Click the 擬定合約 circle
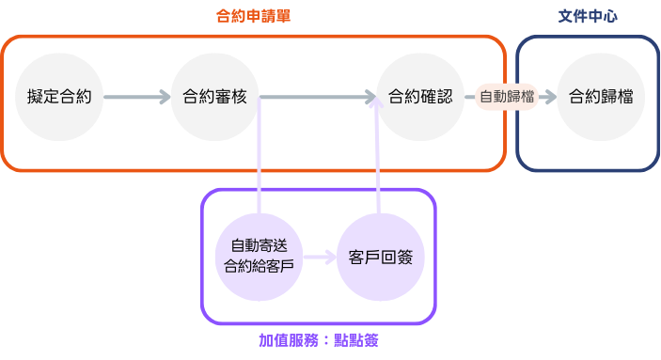pyautogui.click(x=59, y=97)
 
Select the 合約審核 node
pyautogui.click(x=214, y=97)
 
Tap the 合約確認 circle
pyautogui.click(x=420, y=97)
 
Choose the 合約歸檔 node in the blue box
pyautogui.click(x=601, y=97)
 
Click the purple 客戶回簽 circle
pyautogui.click(x=380, y=257)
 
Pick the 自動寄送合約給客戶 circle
pyautogui.click(x=259, y=257)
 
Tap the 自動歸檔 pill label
pyautogui.click(x=507, y=97)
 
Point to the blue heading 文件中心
pyautogui.click(x=588, y=17)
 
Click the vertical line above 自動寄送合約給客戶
pyautogui.click(x=259, y=155)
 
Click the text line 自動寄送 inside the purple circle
pyautogui.click(x=259, y=246)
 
